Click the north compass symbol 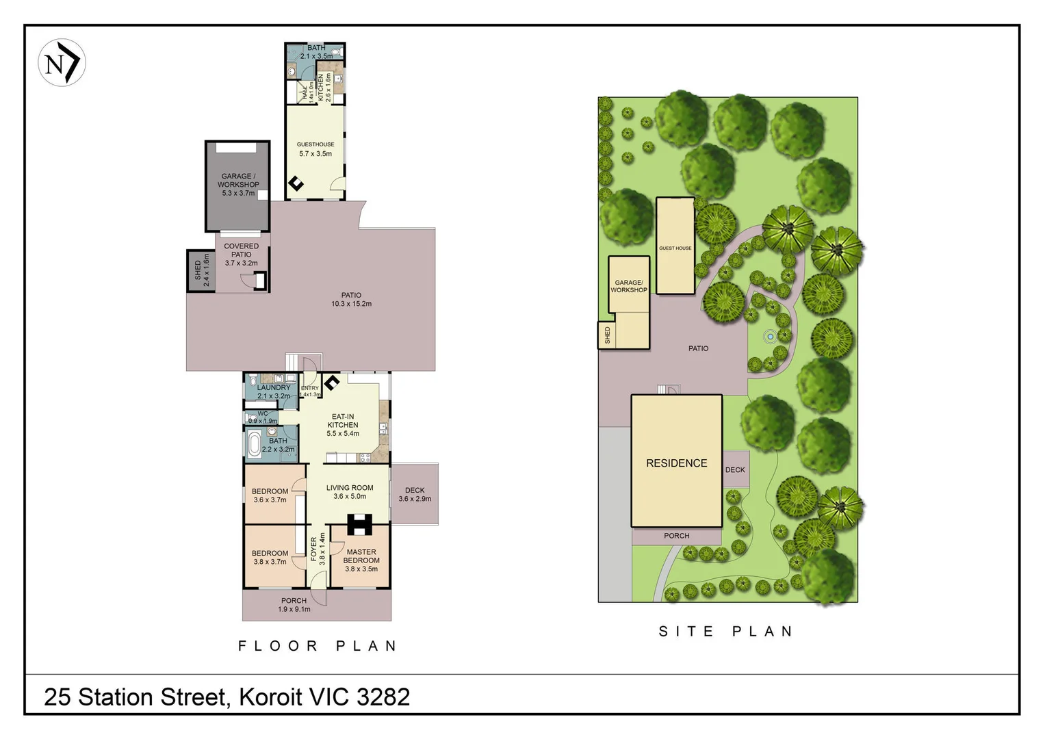click(62, 63)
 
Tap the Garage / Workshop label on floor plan click(238, 183)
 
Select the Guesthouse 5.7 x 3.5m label click(315, 149)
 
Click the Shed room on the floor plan click(201, 271)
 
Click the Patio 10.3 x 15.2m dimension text click(351, 304)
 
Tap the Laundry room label click(273, 391)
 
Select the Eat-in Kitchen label click(343, 425)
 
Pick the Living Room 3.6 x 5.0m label click(350, 492)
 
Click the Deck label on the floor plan click(415, 494)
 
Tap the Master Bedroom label click(361, 560)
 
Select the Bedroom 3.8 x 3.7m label click(270, 558)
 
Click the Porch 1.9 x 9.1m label click(294, 605)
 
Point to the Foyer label click(318, 549)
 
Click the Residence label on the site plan click(676, 463)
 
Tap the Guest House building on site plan click(675, 246)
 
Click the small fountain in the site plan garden click(771, 336)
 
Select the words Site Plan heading click(725, 632)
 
